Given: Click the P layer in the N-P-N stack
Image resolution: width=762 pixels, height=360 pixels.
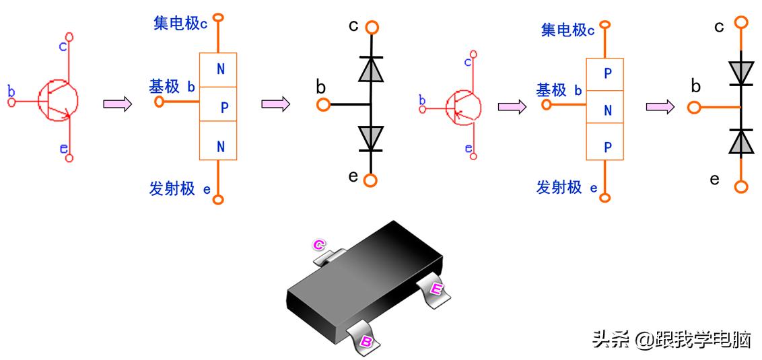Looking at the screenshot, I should click(218, 104).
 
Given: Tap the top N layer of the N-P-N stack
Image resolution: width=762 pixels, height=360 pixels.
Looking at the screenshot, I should click(218, 69).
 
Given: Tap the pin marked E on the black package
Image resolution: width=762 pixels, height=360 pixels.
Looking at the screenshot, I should click(434, 289).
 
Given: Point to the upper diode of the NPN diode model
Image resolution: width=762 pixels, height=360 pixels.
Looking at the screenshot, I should click(370, 69).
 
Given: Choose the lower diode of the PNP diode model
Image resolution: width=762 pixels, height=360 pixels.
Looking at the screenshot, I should click(741, 141).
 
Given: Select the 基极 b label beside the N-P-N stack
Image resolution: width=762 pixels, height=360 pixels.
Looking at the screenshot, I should click(172, 87).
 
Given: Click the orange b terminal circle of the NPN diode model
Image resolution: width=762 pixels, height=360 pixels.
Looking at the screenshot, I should click(323, 104).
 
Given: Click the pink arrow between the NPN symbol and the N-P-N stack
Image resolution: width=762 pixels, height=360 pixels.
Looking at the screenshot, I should click(117, 104).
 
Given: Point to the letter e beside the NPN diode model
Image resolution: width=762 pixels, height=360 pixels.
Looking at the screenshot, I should click(353, 176).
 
